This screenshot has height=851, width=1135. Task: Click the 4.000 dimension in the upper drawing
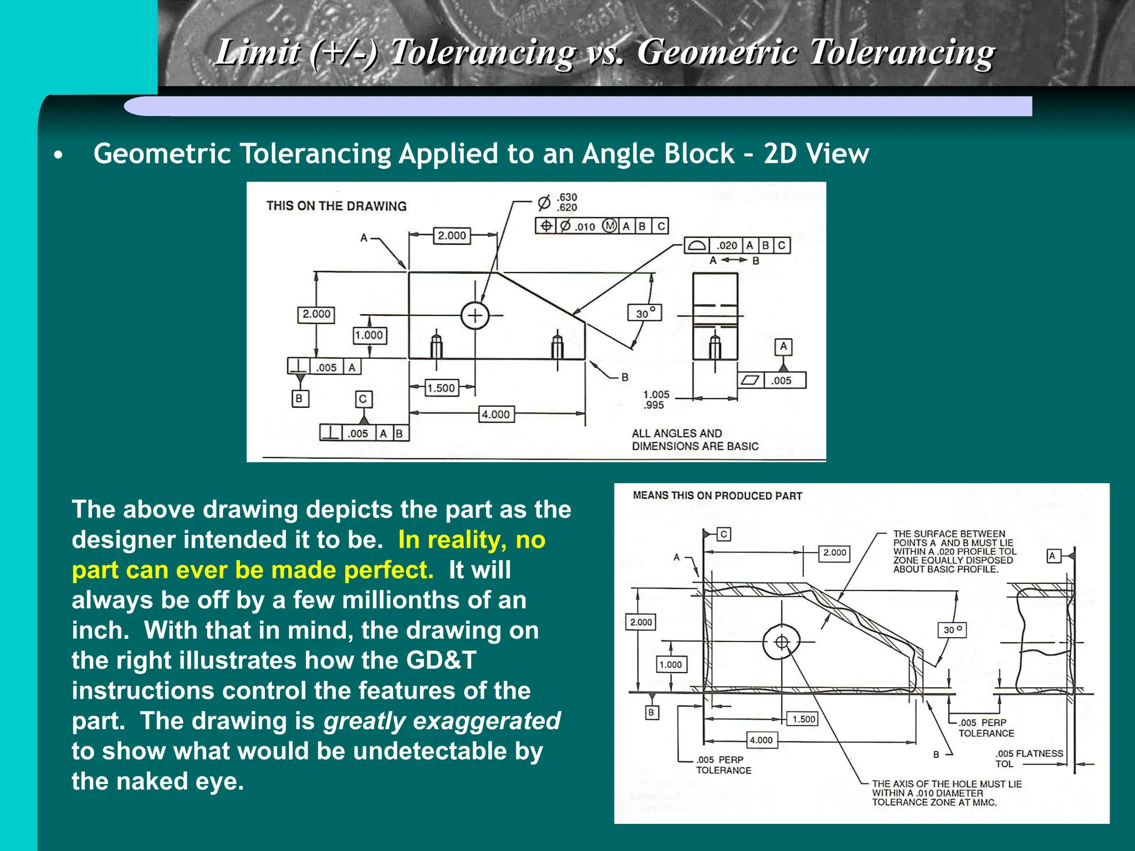(x=495, y=414)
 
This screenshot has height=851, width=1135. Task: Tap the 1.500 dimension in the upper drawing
(x=441, y=388)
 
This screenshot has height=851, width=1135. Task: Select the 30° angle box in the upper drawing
(x=645, y=313)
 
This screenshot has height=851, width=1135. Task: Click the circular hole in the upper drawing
(x=475, y=315)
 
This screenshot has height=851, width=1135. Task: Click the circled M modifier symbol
(x=610, y=226)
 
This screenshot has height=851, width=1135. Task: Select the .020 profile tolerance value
(x=727, y=245)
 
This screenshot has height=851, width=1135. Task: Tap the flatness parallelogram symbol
(x=750, y=380)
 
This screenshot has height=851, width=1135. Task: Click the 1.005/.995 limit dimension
(x=656, y=399)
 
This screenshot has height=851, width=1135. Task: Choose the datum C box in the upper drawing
(x=364, y=399)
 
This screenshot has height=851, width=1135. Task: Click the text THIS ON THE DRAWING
(x=336, y=206)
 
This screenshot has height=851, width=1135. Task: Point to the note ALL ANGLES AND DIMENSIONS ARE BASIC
(x=695, y=440)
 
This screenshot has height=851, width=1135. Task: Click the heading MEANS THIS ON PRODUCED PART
(x=717, y=496)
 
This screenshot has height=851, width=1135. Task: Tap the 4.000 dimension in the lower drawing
(x=761, y=740)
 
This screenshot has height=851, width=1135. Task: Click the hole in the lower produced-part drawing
(x=781, y=642)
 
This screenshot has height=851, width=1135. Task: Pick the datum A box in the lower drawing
(x=1053, y=556)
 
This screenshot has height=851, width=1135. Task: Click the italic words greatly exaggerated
(x=442, y=721)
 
